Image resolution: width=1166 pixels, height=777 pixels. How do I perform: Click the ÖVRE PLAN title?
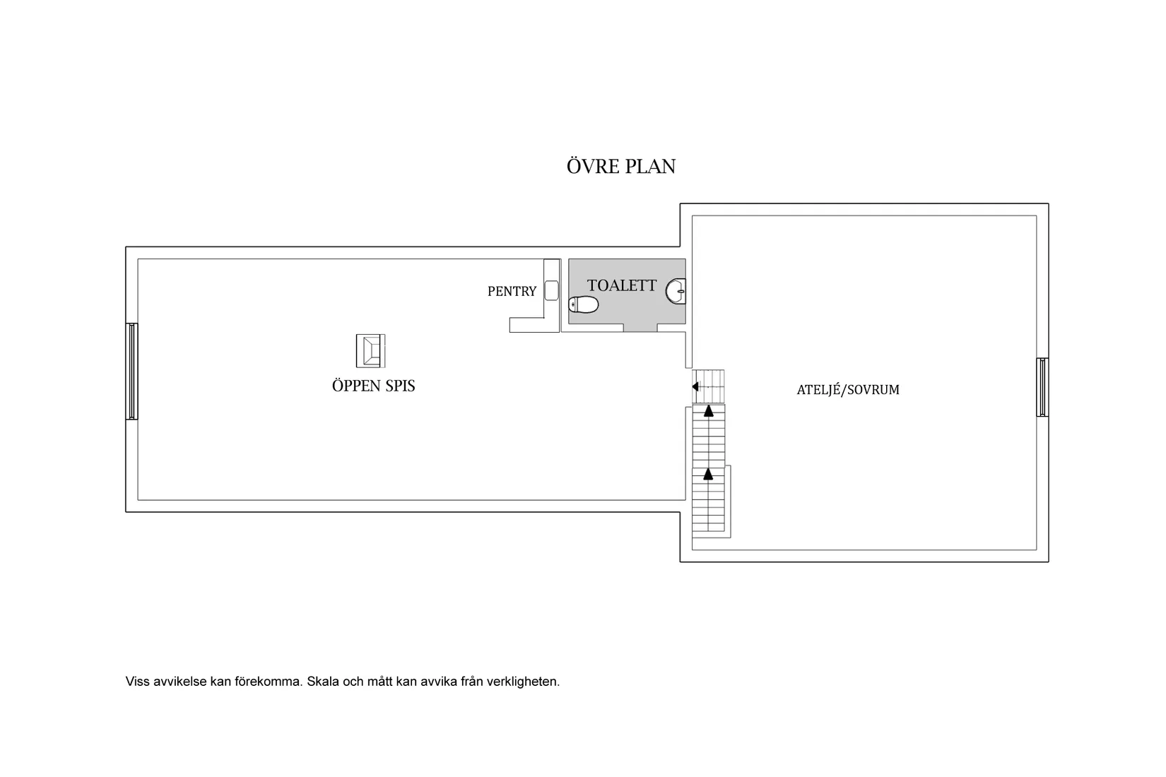[621, 166]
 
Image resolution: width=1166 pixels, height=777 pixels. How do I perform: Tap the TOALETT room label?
[622, 285]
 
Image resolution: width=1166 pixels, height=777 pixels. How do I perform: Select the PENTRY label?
[512, 292]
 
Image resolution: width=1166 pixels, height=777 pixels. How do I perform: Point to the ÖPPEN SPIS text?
[373, 386]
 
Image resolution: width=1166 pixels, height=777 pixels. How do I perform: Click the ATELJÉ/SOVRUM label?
[848, 389]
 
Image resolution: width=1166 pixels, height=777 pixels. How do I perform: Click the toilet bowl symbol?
[584, 304]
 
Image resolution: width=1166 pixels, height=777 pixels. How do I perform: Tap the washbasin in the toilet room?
[676, 292]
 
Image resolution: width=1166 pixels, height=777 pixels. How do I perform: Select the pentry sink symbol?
[551, 290]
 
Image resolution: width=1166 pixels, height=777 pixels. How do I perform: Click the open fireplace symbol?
[370, 351]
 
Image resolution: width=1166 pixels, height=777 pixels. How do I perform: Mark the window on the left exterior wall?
[131, 371]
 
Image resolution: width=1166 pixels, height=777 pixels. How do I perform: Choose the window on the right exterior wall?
[1042, 387]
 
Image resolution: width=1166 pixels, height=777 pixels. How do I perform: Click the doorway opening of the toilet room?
[640, 328]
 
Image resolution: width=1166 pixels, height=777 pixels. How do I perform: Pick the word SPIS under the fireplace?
[400, 386]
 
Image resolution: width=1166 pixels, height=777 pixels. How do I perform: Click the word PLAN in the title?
[650, 167]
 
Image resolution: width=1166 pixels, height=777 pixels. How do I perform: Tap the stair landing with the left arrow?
[708, 386]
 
